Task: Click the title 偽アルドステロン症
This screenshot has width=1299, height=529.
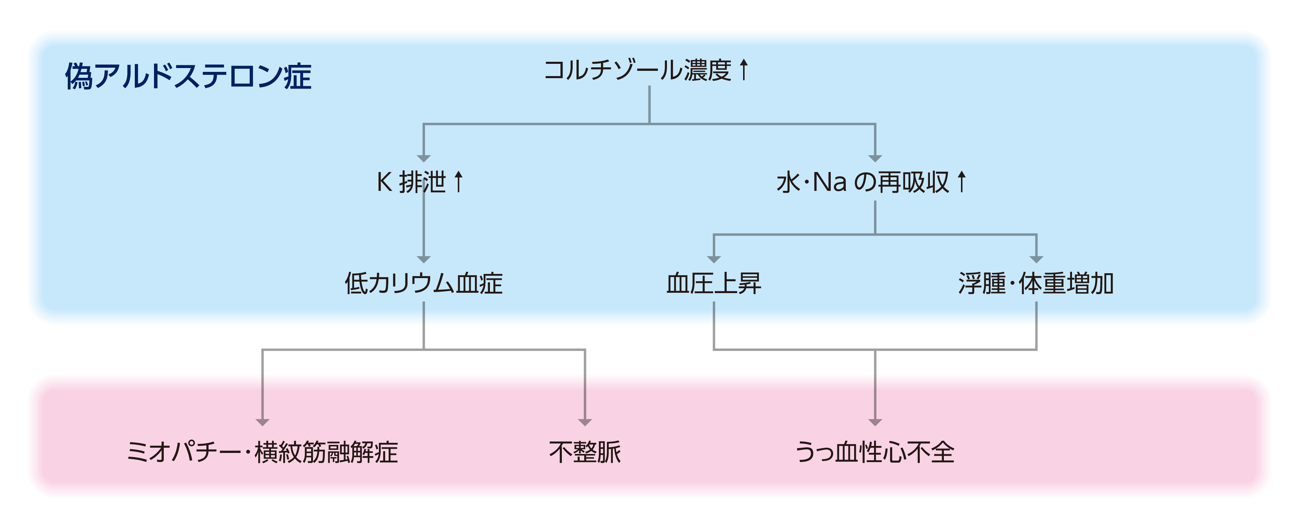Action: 188,76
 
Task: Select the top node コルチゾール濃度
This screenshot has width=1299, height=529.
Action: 637,70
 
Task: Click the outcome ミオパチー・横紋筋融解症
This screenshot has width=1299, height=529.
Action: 262,452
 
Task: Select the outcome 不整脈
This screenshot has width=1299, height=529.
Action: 585,452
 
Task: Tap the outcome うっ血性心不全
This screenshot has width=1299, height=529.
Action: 875,452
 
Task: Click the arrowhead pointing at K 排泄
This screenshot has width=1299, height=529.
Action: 424,158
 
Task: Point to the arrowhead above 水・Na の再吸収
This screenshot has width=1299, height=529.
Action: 875,158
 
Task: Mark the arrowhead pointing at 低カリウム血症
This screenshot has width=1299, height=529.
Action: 424,259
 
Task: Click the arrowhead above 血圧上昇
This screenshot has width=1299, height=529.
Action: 713,259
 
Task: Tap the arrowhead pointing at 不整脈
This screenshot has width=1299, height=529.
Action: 585,422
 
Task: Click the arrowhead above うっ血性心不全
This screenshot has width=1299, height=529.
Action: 875,422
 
